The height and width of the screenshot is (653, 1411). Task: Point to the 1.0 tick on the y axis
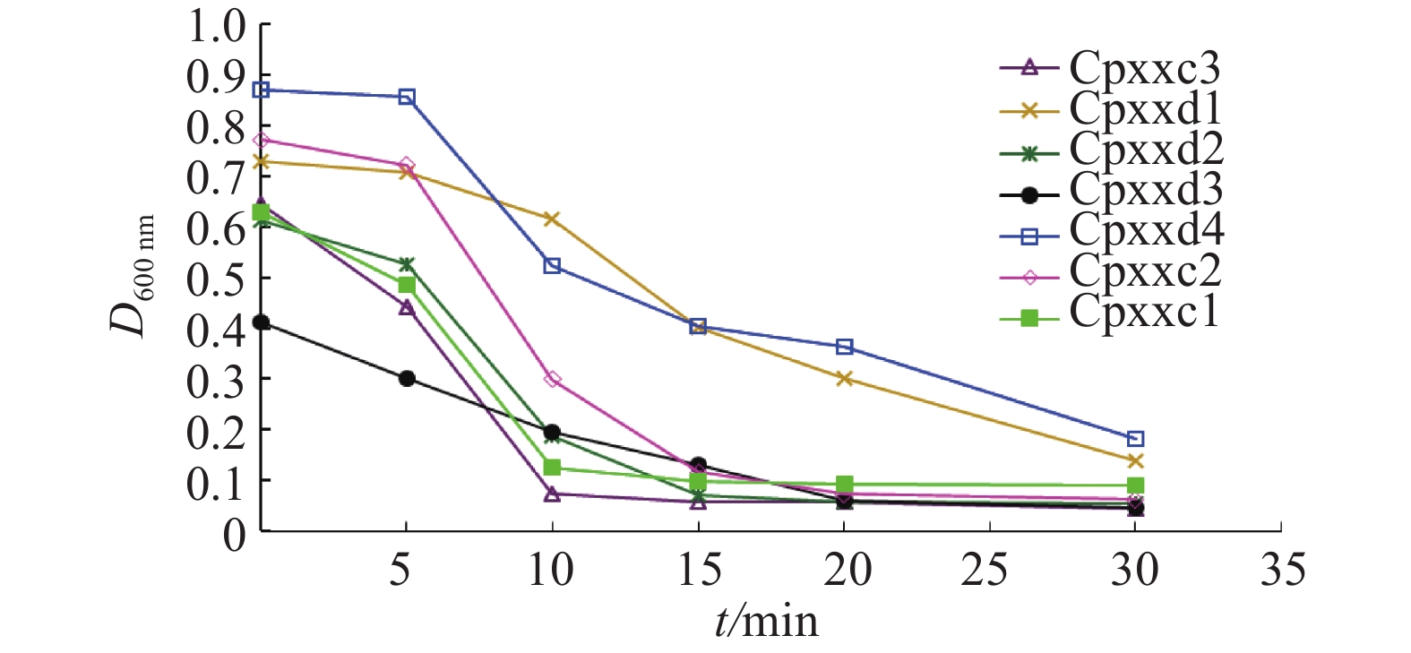click(x=216, y=26)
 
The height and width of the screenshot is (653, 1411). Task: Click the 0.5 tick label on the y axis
click(x=216, y=279)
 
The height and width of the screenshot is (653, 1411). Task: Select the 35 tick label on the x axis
click(x=1282, y=570)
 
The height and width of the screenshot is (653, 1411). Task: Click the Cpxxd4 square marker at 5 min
click(x=407, y=97)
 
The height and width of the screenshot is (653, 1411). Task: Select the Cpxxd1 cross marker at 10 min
click(x=552, y=219)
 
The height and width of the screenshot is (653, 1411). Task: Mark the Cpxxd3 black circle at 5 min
click(x=407, y=378)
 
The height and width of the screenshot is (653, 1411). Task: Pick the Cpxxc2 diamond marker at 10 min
click(x=552, y=380)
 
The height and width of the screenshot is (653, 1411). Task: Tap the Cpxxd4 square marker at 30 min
click(x=1135, y=439)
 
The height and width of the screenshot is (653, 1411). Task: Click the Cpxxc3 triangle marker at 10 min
click(x=552, y=494)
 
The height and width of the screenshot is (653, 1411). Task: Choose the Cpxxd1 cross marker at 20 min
click(x=844, y=379)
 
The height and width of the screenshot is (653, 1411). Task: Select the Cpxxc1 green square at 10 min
click(x=552, y=468)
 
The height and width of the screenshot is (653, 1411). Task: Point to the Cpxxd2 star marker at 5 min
click(x=407, y=264)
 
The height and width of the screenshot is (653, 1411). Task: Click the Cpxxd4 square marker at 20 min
click(x=844, y=347)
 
